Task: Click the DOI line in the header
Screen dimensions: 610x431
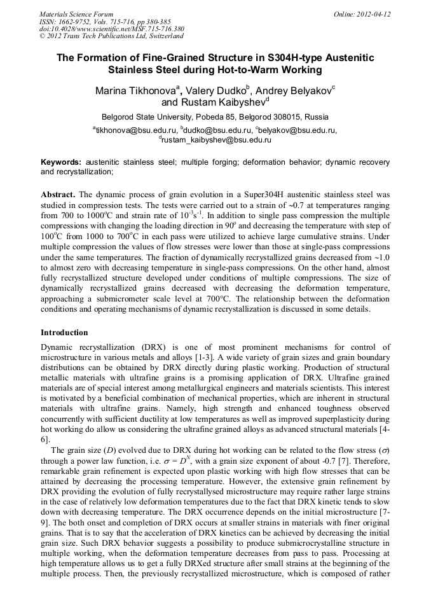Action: tap(112, 29)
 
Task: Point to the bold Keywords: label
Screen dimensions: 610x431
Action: tap(61, 162)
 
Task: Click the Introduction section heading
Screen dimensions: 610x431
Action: tap(64, 332)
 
